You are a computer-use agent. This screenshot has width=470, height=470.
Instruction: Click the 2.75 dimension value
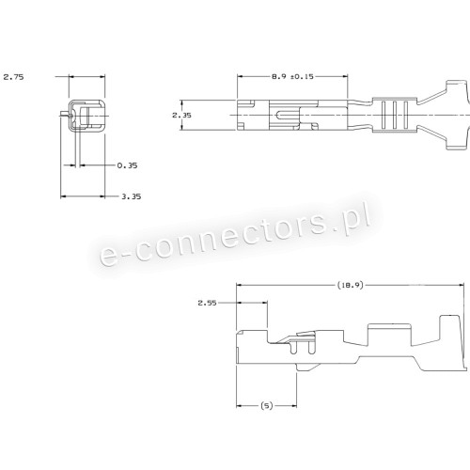point(13,77)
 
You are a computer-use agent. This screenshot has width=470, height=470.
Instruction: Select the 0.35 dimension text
point(127,165)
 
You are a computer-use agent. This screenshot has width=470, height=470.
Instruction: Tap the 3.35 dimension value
point(132,196)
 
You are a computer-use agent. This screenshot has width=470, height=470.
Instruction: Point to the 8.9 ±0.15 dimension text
point(292,76)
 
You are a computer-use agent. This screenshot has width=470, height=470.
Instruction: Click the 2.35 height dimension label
point(181,116)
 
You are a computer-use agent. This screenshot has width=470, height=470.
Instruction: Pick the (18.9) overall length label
point(351,285)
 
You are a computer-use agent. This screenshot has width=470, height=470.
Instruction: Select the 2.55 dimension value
point(207,303)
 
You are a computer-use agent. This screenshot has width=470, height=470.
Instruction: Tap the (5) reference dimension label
point(267,406)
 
